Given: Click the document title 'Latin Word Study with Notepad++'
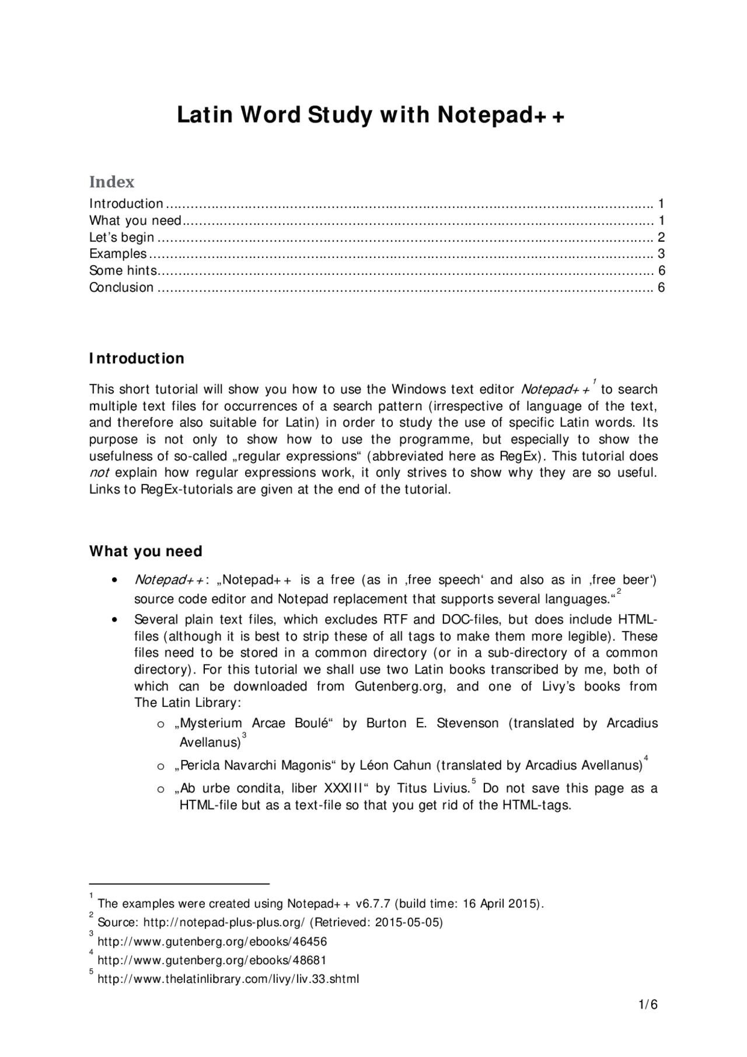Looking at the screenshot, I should pyautogui.click(x=371, y=115).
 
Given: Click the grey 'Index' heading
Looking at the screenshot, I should pyautogui.click(x=111, y=182).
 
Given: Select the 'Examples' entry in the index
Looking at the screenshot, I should pyautogui.click(x=118, y=254).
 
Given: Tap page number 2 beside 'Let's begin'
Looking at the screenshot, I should pyautogui.click(x=661, y=237).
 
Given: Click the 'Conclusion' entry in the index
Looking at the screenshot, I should pyautogui.click(x=121, y=287).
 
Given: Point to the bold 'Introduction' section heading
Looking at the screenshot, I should pyautogui.click(x=137, y=358).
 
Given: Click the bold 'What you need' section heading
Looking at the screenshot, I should pyautogui.click(x=145, y=551).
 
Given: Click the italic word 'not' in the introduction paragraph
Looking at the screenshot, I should pyautogui.click(x=99, y=473).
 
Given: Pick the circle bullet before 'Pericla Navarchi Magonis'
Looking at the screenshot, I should pyautogui.click(x=161, y=766).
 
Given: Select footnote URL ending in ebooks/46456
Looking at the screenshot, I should pyautogui.click(x=212, y=941).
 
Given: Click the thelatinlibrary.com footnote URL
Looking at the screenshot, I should pyautogui.click(x=228, y=979).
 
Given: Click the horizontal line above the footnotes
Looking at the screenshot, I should pyautogui.click(x=179, y=884).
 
